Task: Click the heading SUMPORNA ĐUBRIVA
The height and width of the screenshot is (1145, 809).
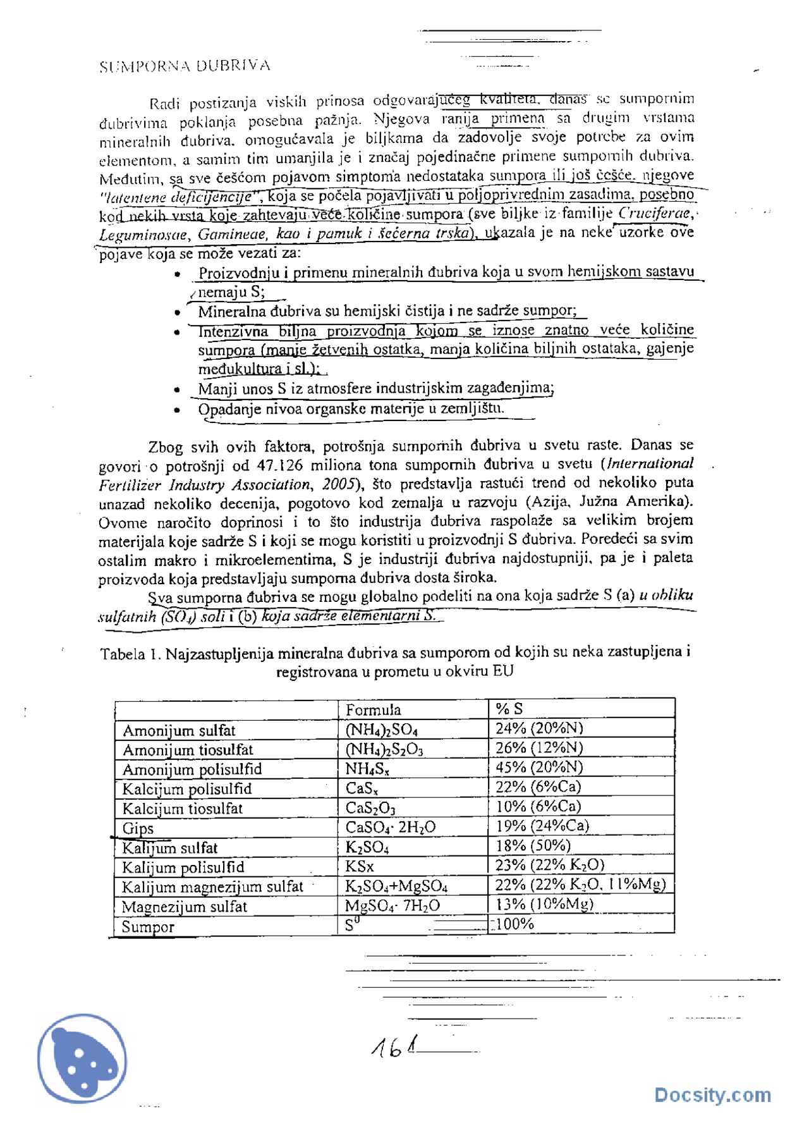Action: pyautogui.click(x=185, y=66)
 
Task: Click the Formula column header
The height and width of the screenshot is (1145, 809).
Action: pyautogui.click(x=373, y=709)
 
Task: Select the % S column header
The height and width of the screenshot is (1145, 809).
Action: pyautogui.click(x=509, y=709)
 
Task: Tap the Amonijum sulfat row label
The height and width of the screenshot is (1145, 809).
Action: pyautogui.click(x=179, y=730)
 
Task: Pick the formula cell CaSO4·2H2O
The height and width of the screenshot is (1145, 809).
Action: pyautogui.click(x=390, y=827)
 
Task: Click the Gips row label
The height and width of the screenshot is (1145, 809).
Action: pyautogui.click(x=138, y=828)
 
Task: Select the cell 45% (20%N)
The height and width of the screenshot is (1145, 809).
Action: pyautogui.click(x=538, y=767)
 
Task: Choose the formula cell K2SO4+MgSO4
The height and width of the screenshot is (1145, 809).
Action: pyautogui.click(x=396, y=886)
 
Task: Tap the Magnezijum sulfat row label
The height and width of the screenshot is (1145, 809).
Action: pyautogui.click(x=184, y=907)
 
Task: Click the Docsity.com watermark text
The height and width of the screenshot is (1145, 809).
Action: pyautogui.click(x=712, y=1094)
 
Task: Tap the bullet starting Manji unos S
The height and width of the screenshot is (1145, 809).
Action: pyautogui.click(x=375, y=388)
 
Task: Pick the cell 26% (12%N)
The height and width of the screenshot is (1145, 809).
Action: pyautogui.click(x=538, y=747)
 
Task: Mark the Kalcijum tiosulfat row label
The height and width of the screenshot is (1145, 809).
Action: pyautogui.click(x=182, y=809)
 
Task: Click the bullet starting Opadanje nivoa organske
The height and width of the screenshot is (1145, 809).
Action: pyautogui.click(x=351, y=408)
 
